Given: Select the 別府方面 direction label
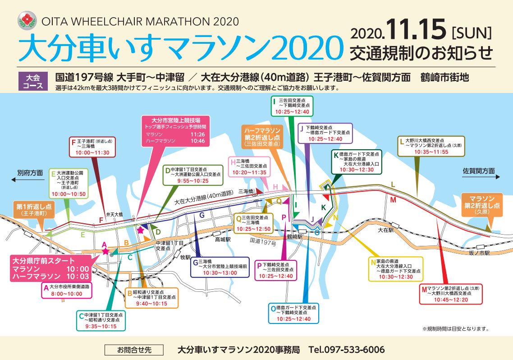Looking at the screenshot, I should pos(30,172).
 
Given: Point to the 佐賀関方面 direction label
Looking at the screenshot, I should pos(478,171).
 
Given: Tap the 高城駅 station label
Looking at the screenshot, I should pos(223,240).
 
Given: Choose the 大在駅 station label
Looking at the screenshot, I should pos(386,230).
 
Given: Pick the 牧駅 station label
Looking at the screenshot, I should pos(186,258).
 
